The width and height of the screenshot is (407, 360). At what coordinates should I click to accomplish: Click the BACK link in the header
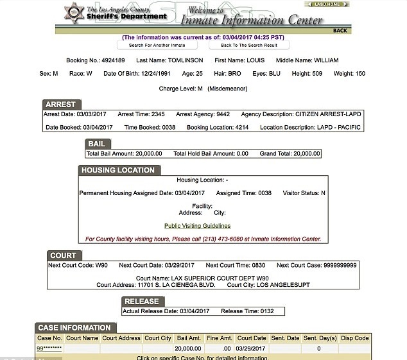(340, 30)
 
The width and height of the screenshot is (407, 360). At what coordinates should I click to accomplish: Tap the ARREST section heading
(61, 104)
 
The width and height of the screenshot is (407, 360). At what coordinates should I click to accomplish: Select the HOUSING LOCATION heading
(118, 170)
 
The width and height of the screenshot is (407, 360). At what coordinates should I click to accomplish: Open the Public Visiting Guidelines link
(197, 226)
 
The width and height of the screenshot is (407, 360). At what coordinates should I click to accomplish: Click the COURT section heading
(63, 255)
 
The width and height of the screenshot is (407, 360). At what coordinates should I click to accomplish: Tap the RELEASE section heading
(141, 301)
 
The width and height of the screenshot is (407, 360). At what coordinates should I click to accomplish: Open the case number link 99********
(49, 348)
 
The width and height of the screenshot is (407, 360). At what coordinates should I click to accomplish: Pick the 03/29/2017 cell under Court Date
(250, 348)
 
